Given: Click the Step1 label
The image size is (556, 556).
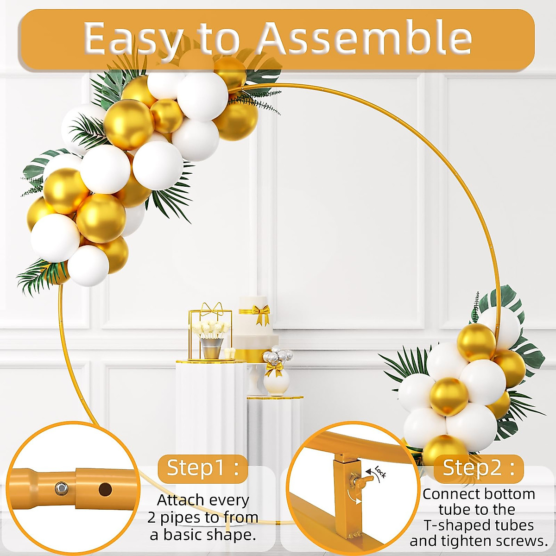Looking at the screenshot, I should pos(202,468).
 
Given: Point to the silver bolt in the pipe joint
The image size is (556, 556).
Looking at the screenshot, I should pos(60,487).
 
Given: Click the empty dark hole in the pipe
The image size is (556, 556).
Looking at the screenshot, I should pos(105,489).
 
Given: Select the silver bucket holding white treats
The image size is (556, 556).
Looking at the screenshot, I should pos(211,347).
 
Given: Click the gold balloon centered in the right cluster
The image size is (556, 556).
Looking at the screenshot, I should pos(448,397).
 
